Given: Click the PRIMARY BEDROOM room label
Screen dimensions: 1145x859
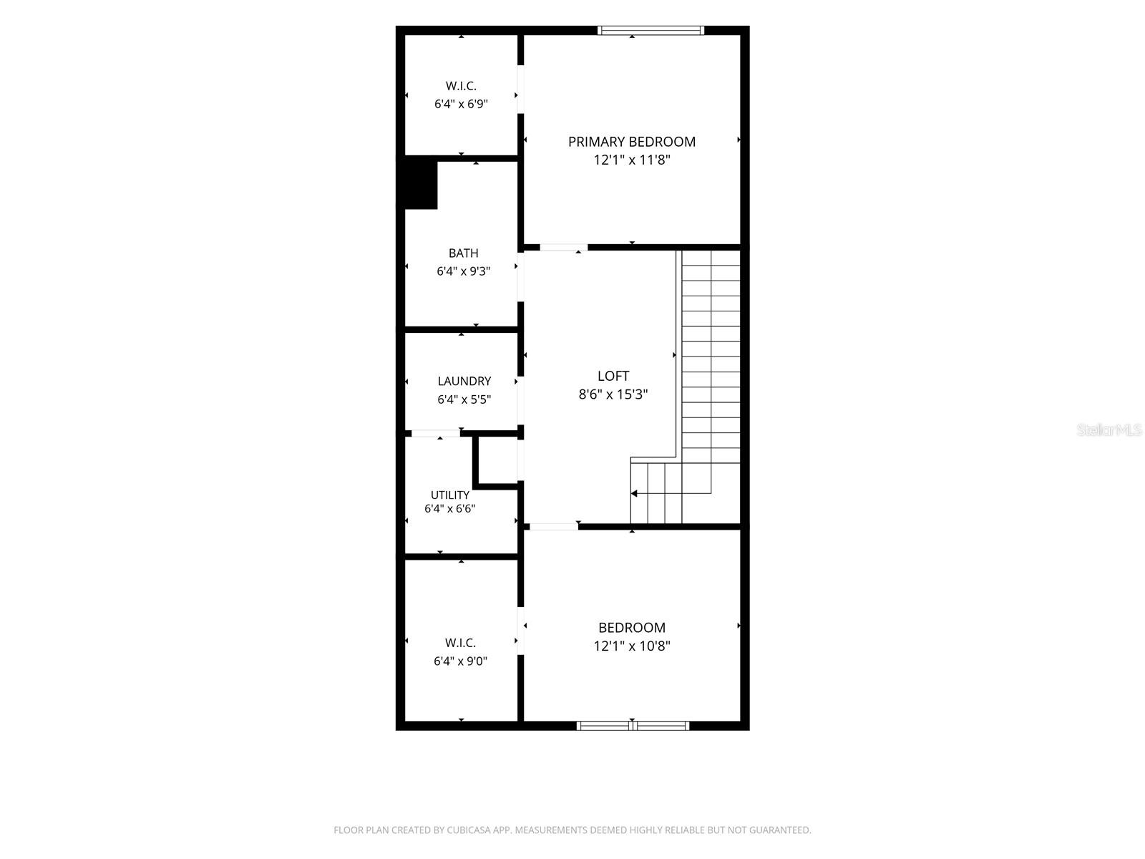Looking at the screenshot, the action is click(631, 142).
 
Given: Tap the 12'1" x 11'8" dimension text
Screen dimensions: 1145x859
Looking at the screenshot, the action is click(631, 160).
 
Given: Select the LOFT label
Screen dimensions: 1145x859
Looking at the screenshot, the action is click(613, 376).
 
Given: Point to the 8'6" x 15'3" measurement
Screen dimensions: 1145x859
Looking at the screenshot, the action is click(613, 394).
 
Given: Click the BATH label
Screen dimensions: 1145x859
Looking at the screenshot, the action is click(463, 253).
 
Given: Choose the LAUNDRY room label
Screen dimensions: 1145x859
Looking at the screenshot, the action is click(464, 382).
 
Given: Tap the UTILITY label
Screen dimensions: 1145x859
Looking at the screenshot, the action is click(449, 495).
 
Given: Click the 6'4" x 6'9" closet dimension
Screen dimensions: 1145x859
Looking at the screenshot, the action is click(461, 104).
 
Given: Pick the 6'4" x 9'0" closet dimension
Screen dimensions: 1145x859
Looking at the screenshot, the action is click(460, 661).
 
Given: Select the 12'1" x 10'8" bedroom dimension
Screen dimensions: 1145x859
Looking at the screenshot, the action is click(631, 646).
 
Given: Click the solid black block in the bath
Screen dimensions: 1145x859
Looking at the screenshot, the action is click(421, 185).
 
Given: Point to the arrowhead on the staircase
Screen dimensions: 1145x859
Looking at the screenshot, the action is click(634, 493).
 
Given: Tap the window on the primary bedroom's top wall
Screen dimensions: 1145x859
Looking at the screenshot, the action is click(651, 30).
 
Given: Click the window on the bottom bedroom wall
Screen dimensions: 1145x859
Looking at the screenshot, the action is click(633, 725).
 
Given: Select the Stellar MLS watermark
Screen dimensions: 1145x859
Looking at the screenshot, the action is click(1109, 429).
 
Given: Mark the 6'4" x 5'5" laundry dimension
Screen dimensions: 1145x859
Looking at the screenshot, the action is click(464, 399).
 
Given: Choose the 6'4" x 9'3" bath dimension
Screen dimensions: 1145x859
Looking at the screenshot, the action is click(463, 271).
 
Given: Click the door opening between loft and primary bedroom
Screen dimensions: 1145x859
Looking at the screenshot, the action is click(563, 247).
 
